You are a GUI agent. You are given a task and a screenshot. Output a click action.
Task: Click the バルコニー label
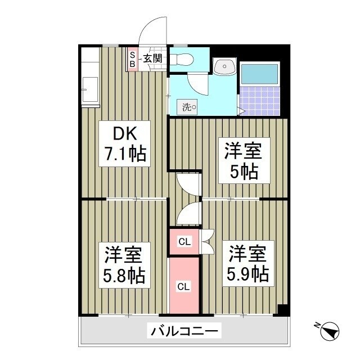point(183,330)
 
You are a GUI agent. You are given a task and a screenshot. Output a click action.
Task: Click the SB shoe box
point(133,59)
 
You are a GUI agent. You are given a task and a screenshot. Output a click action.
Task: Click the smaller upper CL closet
point(184,242)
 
